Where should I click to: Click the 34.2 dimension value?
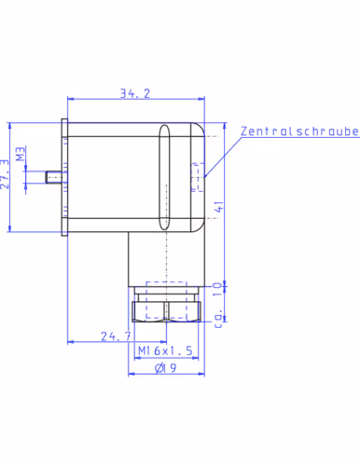pos(135,93)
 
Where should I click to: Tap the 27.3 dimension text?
pos(5,174)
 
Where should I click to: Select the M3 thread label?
pos(21,154)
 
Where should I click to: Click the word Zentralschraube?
pos(300,131)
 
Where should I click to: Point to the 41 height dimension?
pos(219,207)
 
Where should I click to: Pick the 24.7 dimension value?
pos(116,336)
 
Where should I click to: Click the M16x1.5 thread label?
pos(165,350)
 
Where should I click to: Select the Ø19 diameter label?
pos(166,368)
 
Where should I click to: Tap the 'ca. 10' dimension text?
pos(219,305)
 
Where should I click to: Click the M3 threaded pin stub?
pos(54,177)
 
